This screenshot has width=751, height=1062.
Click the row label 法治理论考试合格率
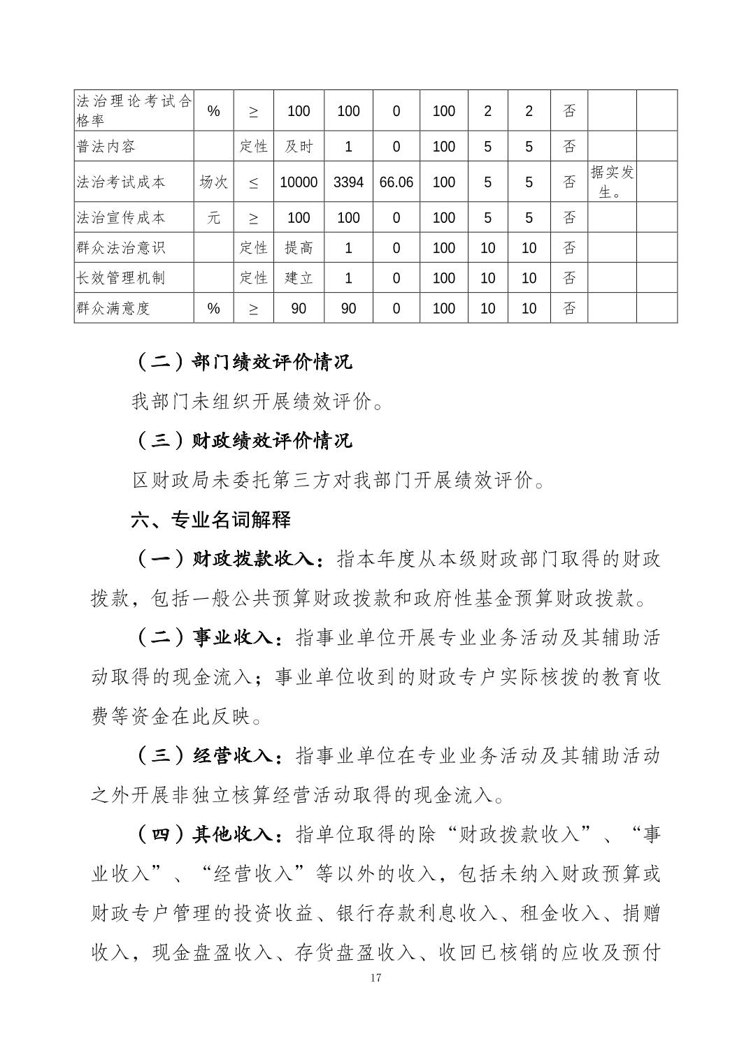pyautogui.click(x=133, y=110)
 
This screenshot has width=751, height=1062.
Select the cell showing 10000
pyautogui.click(x=299, y=182)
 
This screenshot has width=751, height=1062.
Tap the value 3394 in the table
pyautogui.click(x=348, y=182)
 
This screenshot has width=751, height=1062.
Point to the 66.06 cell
pyautogui.click(x=396, y=182)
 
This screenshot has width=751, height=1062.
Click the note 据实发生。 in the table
pyautogui.click(x=612, y=182)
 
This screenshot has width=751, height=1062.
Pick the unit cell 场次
pyautogui.click(x=213, y=182)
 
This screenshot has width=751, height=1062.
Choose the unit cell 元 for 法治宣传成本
pyautogui.click(x=213, y=218)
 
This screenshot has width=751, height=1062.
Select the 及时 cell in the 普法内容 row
pyautogui.click(x=299, y=147)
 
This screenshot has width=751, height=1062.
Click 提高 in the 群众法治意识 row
pyautogui.click(x=299, y=248)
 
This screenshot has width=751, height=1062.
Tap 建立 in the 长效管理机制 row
pyautogui.click(x=299, y=278)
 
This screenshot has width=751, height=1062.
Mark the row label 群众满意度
pyautogui.click(x=113, y=308)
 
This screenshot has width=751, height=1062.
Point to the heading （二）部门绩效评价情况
pyautogui.click(x=242, y=362)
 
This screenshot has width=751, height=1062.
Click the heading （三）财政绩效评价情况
pyautogui.click(x=242, y=441)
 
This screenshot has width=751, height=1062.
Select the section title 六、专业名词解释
pyautogui.click(x=211, y=520)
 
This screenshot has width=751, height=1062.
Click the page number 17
pyautogui.click(x=375, y=977)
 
